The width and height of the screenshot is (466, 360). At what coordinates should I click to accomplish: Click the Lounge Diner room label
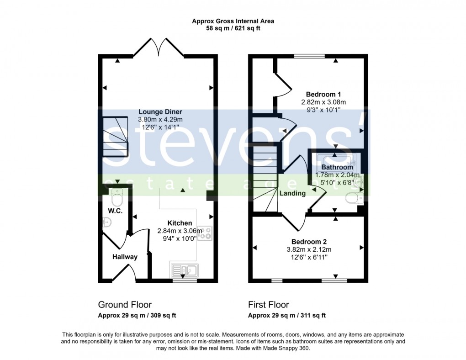click(160, 112)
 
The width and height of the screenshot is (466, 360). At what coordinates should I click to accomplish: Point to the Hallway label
click(125, 257)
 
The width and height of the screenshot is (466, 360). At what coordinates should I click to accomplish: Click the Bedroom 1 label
click(320, 94)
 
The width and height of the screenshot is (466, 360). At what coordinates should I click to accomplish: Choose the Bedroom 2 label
click(309, 242)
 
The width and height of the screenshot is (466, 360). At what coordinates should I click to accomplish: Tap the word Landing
click(292, 193)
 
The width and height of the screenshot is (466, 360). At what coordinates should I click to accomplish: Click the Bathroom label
click(337, 167)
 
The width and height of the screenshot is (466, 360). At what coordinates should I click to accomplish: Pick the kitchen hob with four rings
click(204, 233)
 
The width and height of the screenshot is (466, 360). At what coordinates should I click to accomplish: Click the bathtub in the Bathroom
click(337, 160)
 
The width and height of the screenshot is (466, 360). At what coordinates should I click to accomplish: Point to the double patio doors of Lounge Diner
click(158, 47)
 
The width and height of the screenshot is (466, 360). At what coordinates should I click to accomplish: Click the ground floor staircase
click(114, 137)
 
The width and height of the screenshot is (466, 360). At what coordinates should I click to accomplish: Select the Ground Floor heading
click(125, 305)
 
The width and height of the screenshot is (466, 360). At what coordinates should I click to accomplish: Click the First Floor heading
click(269, 305)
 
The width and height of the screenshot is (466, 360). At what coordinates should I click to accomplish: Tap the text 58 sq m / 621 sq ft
click(233, 28)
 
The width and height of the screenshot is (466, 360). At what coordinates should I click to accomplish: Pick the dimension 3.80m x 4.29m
click(160, 120)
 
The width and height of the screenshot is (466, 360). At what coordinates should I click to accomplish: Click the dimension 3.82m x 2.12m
click(309, 249)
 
